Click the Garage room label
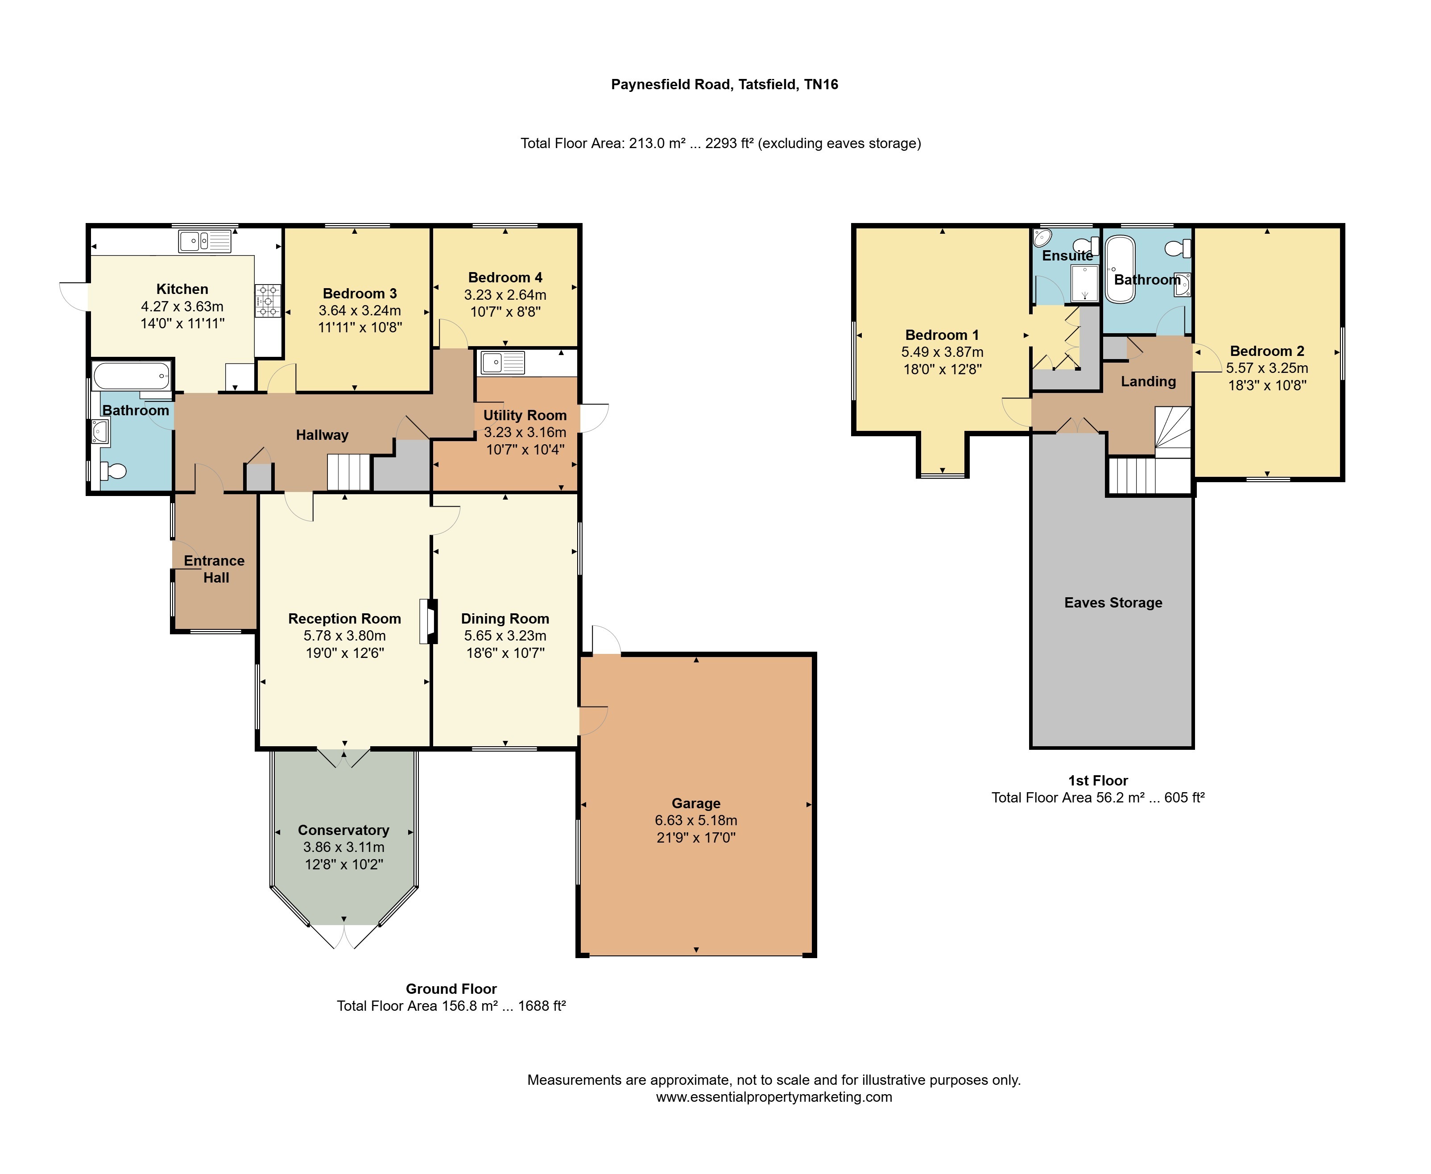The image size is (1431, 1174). [696, 803]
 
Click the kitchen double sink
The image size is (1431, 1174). [205, 241]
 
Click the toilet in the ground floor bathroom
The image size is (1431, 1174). [114, 471]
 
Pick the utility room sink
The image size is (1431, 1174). [502, 363]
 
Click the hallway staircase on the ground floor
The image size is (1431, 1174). [349, 472]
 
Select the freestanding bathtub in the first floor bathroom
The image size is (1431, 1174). [1121, 269]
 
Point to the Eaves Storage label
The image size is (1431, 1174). [1113, 603]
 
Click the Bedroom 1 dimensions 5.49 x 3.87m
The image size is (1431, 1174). [942, 351]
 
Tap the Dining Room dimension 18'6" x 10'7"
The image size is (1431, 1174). [505, 653]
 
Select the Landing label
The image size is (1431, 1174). [1148, 381]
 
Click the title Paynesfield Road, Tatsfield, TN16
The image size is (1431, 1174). [724, 85]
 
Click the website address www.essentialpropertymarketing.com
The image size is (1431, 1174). [773, 1097]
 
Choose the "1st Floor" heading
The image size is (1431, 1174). [1098, 781]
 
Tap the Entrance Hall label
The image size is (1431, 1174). [215, 569]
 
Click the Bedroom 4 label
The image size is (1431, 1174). [505, 277]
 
